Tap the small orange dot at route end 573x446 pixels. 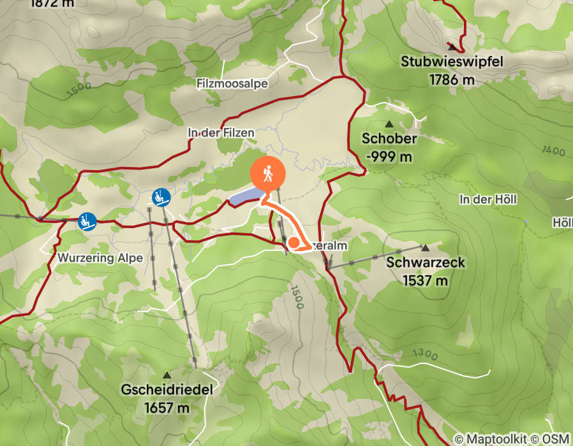pos(294,242)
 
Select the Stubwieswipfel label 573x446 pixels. pos(452,62)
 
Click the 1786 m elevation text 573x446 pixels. pos(452,80)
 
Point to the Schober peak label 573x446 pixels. pos(389,138)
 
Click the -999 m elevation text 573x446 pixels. pos(389,156)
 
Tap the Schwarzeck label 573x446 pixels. pos(426,262)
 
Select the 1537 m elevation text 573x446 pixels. pos(426,280)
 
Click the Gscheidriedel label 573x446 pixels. pos(167,389)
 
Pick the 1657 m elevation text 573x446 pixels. pos(167,407)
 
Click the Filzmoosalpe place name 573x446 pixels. pos(232,83)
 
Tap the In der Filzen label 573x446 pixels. pos(221,133)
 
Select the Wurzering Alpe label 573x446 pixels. pos(100,258)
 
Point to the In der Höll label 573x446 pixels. pos(487,199)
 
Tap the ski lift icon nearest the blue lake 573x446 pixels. pos(161,198)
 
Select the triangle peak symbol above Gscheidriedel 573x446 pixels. pos(167,375)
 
